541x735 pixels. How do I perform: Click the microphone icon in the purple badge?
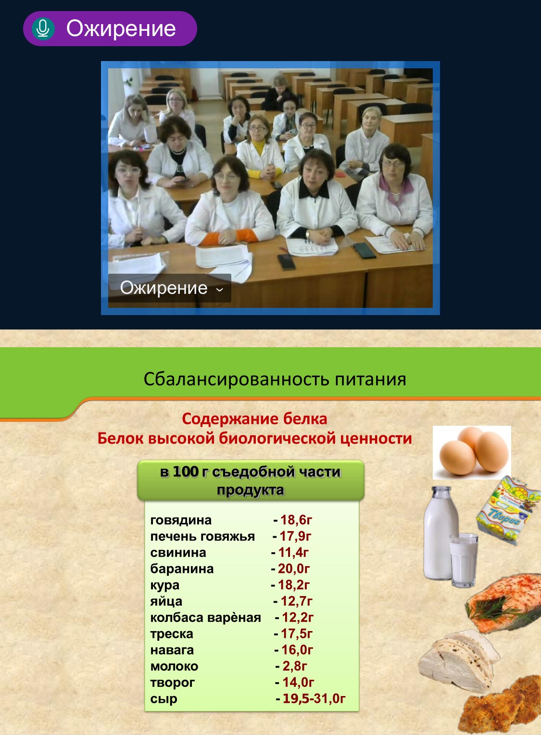(x=43, y=28)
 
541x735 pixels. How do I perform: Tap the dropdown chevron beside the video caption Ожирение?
(x=220, y=290)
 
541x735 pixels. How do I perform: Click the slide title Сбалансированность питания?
(x=275, y=379)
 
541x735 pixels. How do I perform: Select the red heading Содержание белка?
(x=254, y=419)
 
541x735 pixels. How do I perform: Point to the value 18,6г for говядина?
(x=296, y=520)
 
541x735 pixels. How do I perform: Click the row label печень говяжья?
(x=202, y=536)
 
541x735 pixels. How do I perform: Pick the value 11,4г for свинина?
(x=293, y=552)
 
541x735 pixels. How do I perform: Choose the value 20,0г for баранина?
(x=294, y=568)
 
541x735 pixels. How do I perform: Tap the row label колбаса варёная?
(x=205, y=617)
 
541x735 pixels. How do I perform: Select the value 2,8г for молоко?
(x=295, y=666)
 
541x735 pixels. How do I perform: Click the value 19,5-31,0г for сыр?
(x=314, y=698)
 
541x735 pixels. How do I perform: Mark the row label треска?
(x=172, y=634)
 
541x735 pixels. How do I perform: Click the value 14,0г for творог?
(x=298, y=682)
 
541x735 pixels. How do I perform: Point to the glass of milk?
(x=463, y=559)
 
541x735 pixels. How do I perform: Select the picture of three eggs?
(x=472, y=453)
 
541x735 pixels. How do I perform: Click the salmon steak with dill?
(x=503, y=603)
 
